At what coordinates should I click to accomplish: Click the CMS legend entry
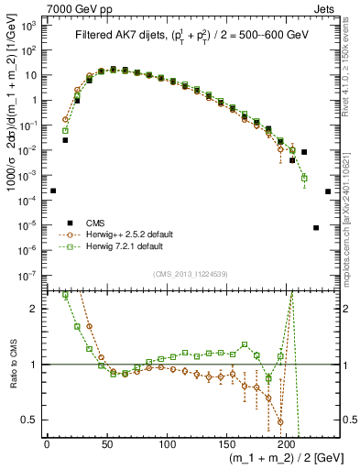[97, 223]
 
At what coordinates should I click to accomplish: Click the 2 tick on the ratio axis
[35, 309]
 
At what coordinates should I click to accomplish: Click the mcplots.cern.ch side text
[352, 229]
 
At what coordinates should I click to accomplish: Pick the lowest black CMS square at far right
[316, 227]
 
